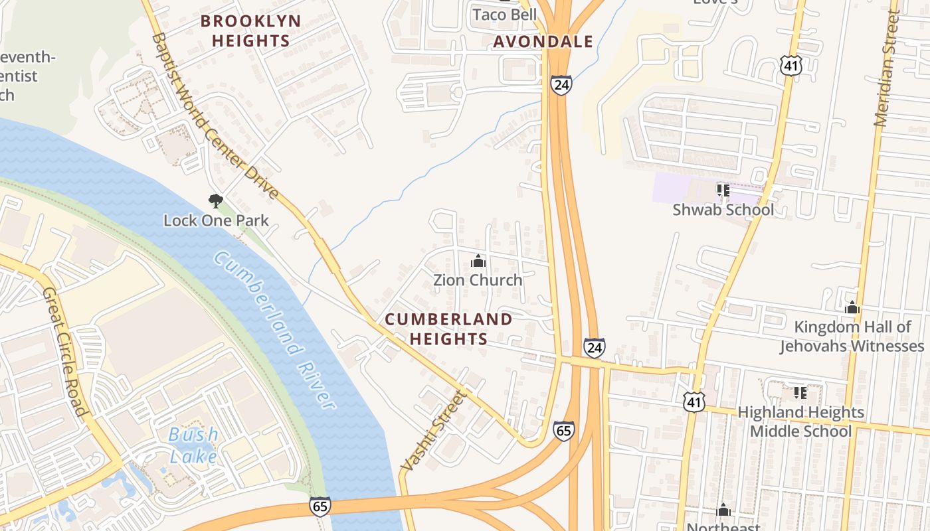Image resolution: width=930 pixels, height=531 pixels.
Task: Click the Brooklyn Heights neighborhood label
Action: click(250, 31)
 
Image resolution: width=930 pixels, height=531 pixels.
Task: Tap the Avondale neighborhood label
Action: click(543, 42)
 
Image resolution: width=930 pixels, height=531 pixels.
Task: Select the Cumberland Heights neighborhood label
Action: click(448, 329)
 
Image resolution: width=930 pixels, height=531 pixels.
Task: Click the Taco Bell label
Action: click(504, 14)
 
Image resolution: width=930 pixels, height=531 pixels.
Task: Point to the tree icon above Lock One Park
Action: click(215, 200)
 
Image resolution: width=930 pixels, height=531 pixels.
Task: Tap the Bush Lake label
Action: click(193, 445)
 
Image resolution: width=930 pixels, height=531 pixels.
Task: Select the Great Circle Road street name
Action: click(64, 352)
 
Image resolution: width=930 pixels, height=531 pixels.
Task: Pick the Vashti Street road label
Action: click(435, 431)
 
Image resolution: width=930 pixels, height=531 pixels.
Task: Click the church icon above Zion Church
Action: click(478, 262)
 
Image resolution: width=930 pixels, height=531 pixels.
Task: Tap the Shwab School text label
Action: click(723, 210)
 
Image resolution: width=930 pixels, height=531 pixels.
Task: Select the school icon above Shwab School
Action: click(723, 191)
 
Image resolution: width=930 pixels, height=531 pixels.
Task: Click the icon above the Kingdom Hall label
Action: click(852, 308)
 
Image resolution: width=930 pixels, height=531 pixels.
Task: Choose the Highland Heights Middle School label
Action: click(800, 421)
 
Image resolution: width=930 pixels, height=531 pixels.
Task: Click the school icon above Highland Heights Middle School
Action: click(800, 393)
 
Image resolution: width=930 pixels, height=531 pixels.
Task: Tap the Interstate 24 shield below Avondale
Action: click(561, 85)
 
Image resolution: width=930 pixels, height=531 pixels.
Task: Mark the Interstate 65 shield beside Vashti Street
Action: click(563, 431)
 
